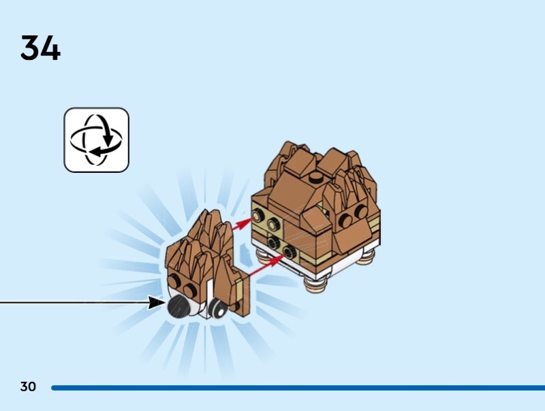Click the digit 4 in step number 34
(50, 48)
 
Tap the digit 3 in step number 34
(31, 48)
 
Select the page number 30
(27, 387)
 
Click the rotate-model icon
(96, 139)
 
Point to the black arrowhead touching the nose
(157, 301)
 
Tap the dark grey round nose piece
(179, 307)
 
